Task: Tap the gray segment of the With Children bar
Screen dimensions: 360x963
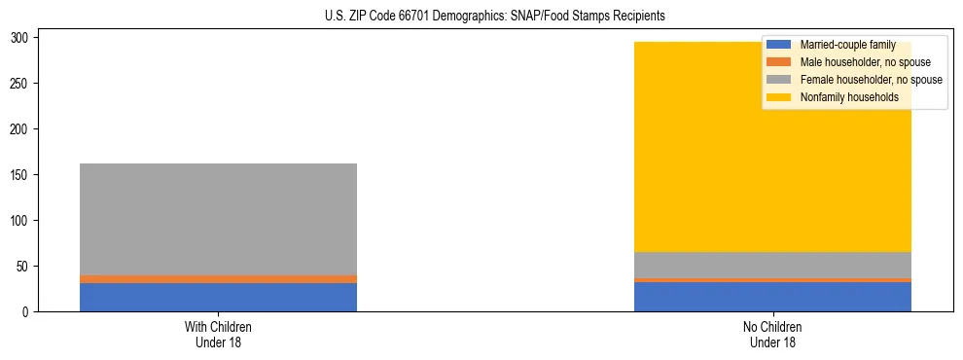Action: click(218, 219)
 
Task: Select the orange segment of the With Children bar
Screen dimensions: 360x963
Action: click(218, 279)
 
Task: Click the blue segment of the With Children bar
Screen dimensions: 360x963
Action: click(218, 297)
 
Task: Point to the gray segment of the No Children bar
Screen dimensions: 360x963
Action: click(772, 265)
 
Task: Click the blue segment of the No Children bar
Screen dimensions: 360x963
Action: click(772, 297)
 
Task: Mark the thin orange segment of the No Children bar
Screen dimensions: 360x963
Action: click(772, 280)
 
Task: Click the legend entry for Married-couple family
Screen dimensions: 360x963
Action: click(846, 45)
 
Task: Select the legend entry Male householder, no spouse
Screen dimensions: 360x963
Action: click(865, 62)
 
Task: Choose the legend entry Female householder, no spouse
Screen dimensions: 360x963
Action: click(870, 80)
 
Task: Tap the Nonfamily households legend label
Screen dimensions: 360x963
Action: click(848, 97)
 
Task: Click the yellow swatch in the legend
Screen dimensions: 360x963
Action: click(779, 97)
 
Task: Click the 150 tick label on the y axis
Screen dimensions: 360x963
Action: click(21, 175)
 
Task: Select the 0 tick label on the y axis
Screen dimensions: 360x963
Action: click(28, 312)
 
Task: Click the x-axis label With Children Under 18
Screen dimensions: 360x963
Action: click(218, 334)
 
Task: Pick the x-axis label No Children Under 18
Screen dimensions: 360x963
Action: click(772, 334)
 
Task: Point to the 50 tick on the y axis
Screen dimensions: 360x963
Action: click(24, 267)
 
